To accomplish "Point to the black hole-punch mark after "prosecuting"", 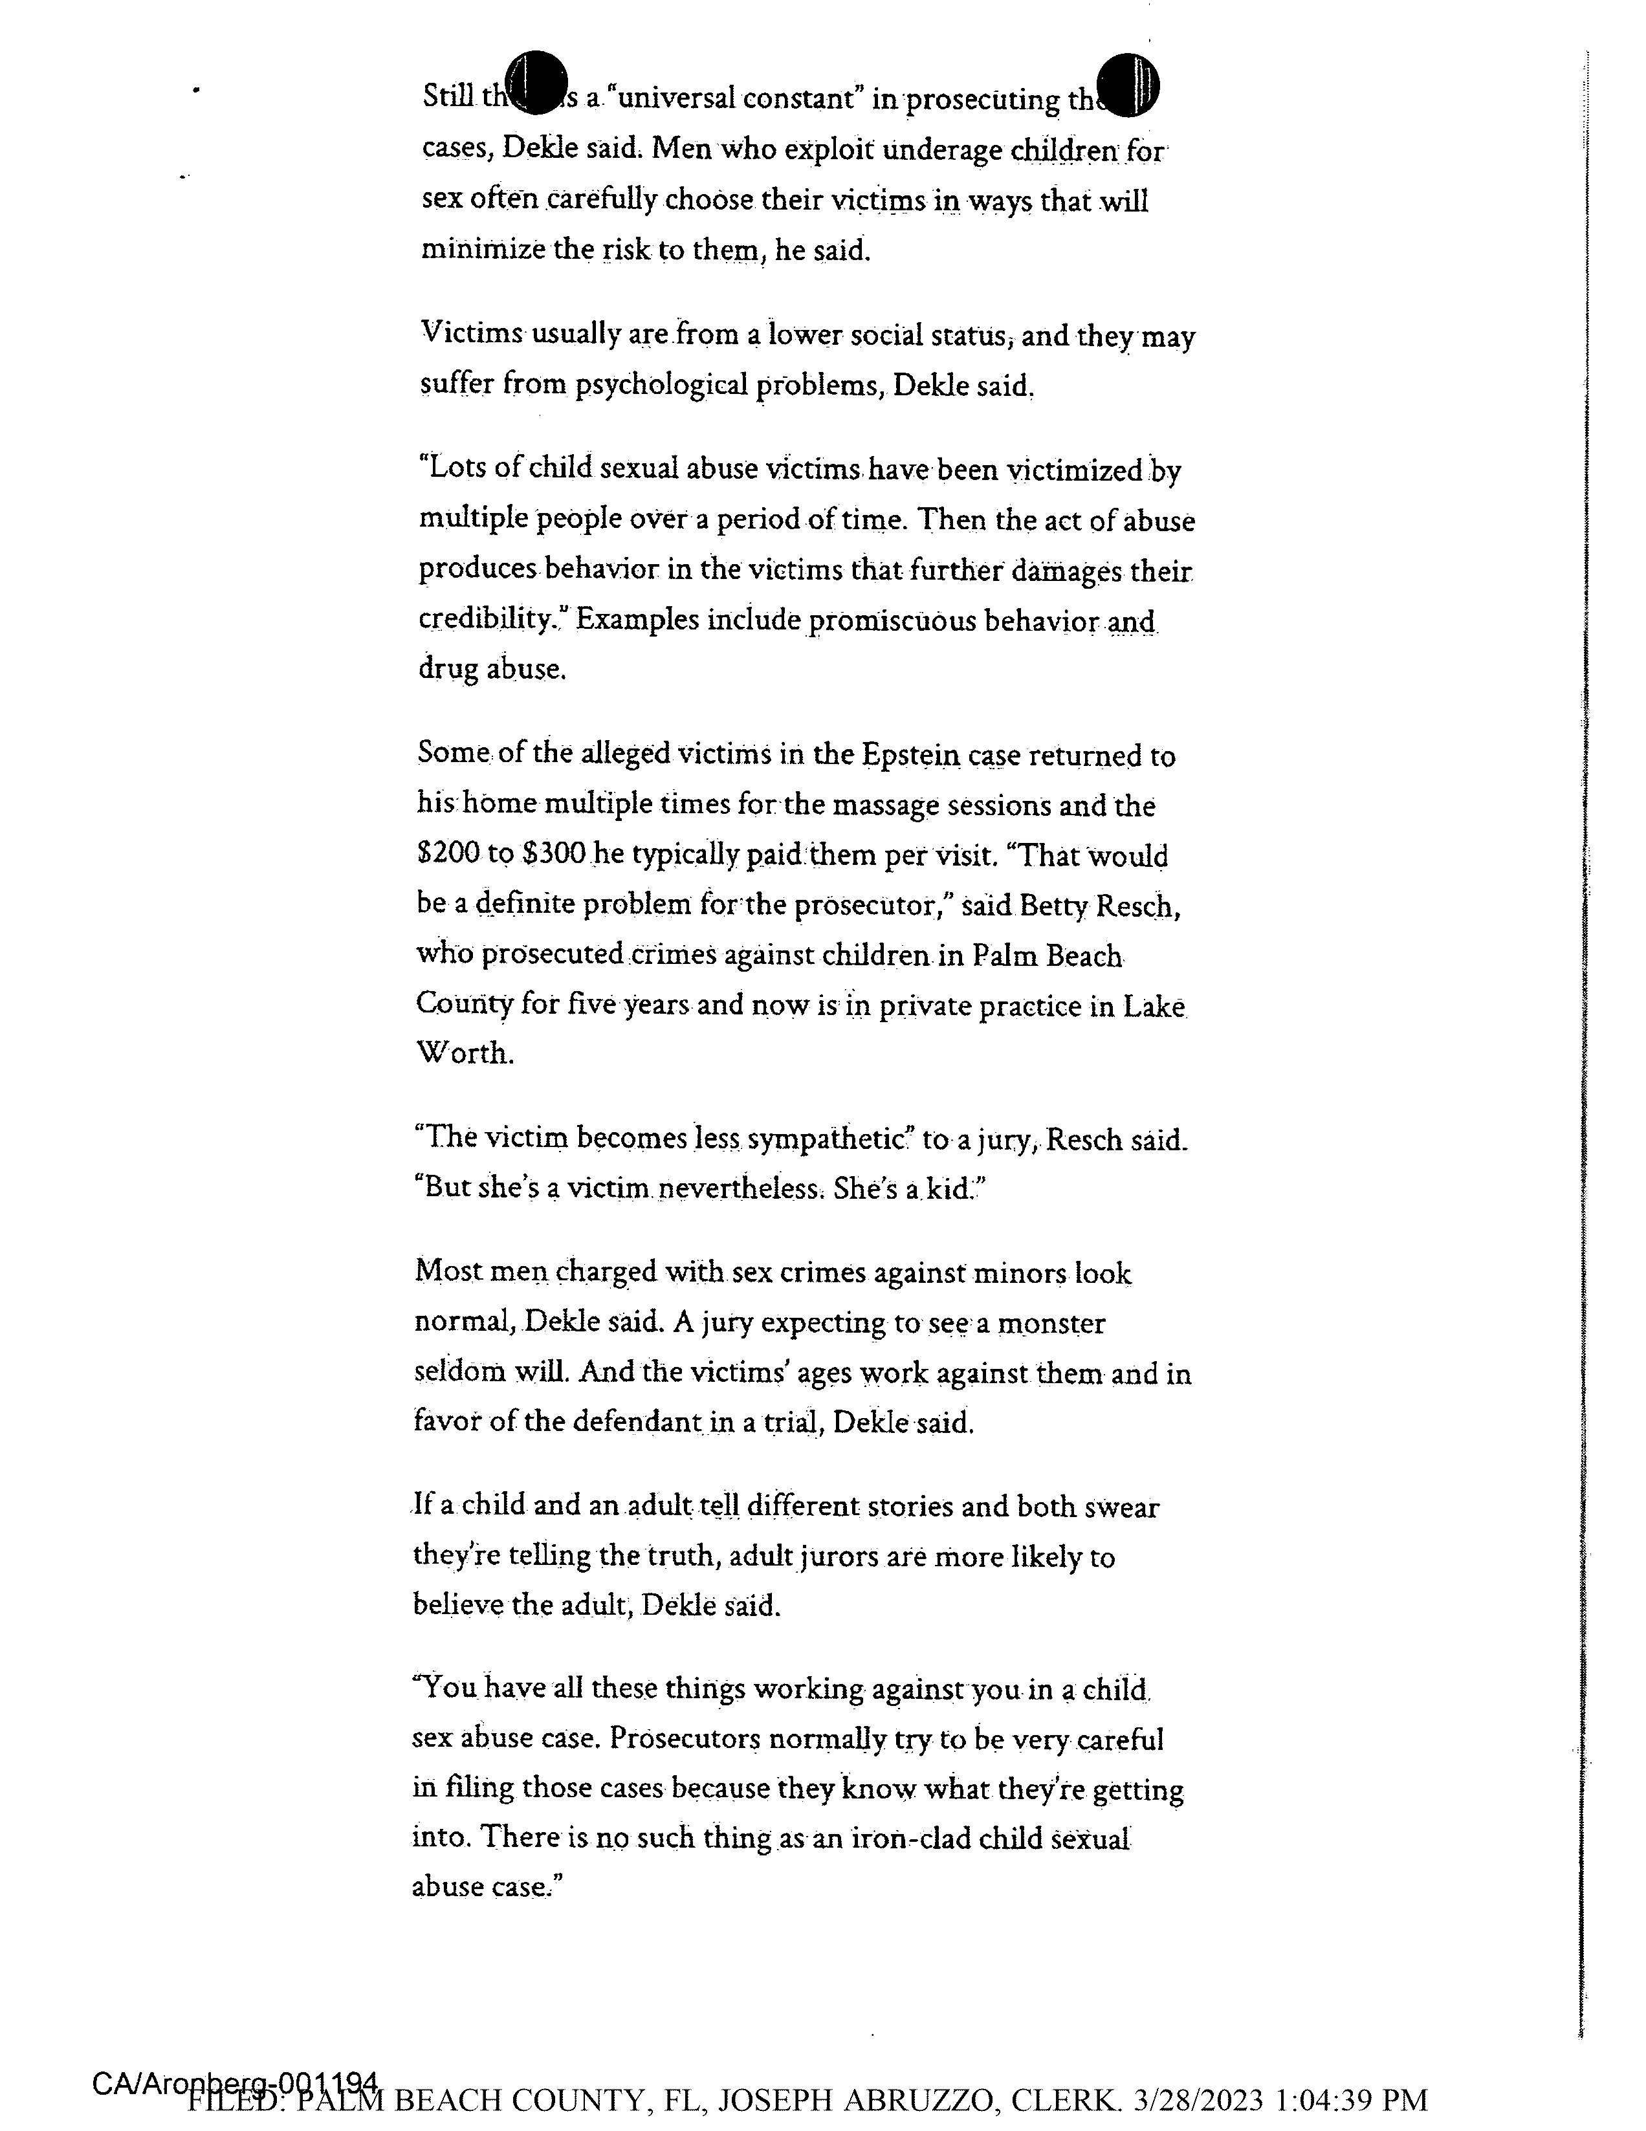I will [x=1127, y=83].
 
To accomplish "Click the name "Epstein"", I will [x=907, y=755].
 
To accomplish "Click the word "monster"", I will [x=1053, y=1324].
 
